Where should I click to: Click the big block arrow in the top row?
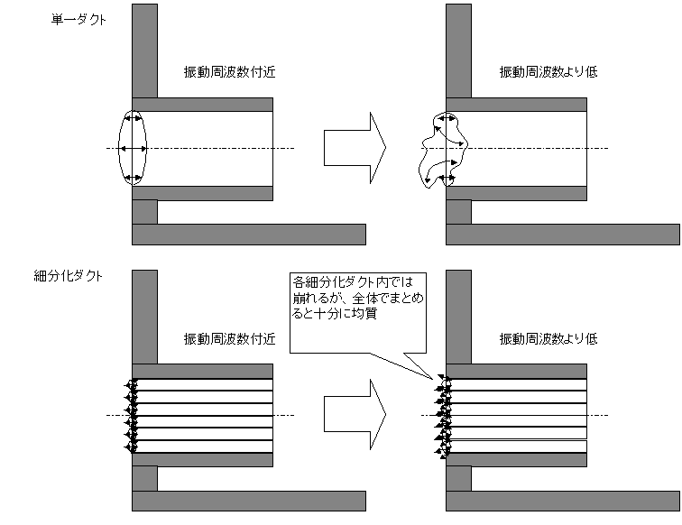click(x=355, y=147)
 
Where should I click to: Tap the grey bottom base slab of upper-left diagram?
click(x=248, y=235)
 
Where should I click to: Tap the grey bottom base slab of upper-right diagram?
click(x=563, y=235)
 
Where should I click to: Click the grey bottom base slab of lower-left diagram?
click(x=248, y=502)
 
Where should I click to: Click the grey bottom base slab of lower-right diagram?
click(x=563, y=502)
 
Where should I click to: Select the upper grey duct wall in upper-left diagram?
click(x=203, y=104)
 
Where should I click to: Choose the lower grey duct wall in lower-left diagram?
click(x=203, y=460)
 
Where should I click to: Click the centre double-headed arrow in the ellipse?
click(x=133, y=148)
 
